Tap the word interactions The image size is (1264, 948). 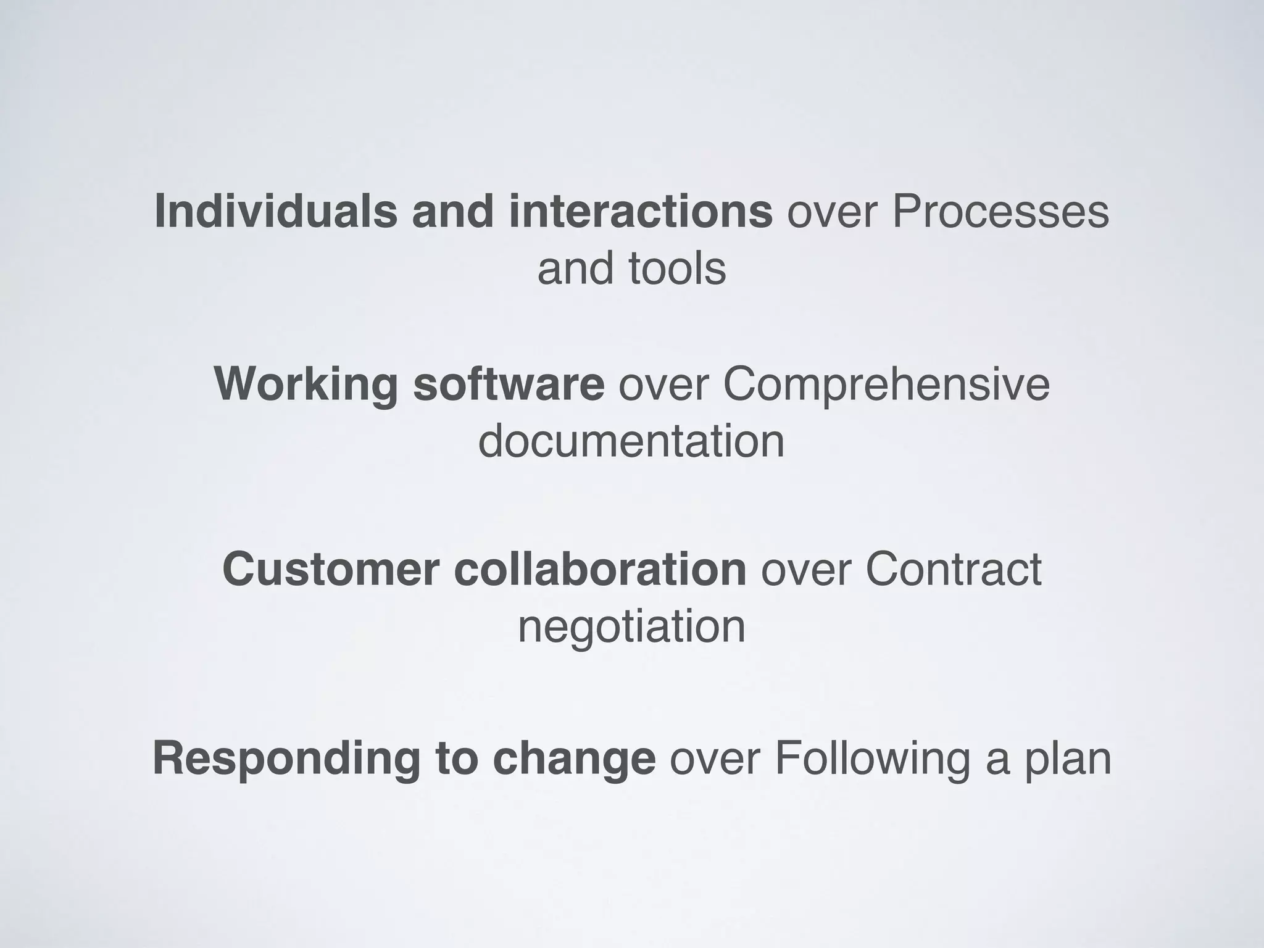[641, 212]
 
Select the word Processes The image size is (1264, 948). [1000, 212]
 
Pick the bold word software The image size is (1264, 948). [509, 384]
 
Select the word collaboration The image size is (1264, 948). [600, 569]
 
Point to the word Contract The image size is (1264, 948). [953, 569]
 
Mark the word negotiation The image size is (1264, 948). [631, 627]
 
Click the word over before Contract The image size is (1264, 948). [805, 569]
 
